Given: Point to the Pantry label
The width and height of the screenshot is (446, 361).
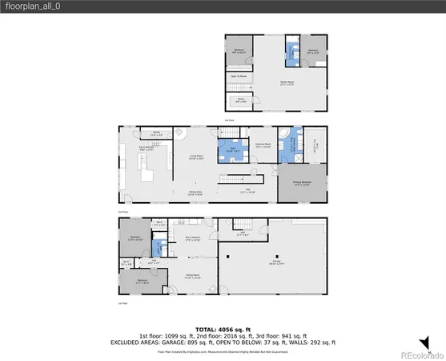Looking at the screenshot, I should [x=157, y=134].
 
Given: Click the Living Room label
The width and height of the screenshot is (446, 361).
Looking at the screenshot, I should [x=195, y=156].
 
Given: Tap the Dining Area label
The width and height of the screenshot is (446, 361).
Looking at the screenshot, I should [x=195, y=192].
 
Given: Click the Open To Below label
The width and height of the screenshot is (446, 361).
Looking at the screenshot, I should [x=239, y=77].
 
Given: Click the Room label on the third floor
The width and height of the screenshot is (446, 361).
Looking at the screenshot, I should [x=239, y=99].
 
